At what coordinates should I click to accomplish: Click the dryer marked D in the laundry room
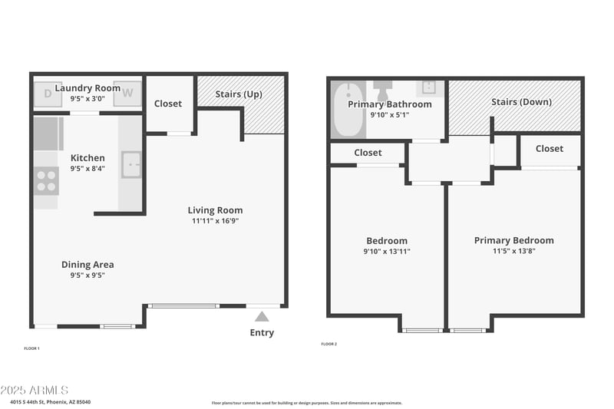(48, 94)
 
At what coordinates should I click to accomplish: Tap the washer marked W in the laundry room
(128, 94)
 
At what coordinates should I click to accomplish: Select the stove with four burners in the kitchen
(46, 181)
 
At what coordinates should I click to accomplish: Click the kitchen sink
(132, 164)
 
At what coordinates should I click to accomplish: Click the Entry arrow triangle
(262, 316)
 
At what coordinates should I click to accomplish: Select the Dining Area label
(87, 265)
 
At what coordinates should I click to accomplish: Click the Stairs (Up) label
(239, 94)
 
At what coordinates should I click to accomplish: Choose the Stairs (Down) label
(521, 101)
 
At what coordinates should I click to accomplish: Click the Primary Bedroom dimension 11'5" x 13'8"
(513, 251)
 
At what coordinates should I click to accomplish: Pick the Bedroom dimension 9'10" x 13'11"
(386, 251)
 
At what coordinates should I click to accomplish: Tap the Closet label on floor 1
(168, 104)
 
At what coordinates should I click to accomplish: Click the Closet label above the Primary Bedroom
(549, 149)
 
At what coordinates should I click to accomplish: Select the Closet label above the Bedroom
(368, 153)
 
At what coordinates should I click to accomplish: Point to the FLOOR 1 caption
(32, 348)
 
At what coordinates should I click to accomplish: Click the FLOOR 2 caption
(328, 344)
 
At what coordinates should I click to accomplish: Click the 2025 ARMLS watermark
(35, 391)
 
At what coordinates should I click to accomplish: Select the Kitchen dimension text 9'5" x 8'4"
(87, 169)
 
